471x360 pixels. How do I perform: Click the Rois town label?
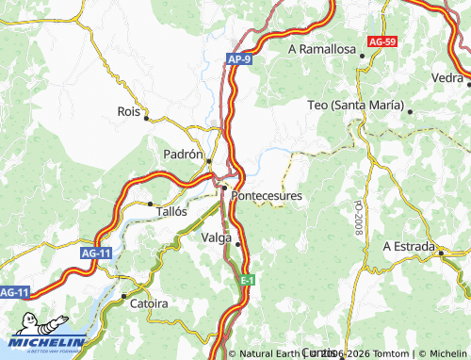click(128, 110)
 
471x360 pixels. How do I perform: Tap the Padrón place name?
click(183, 154)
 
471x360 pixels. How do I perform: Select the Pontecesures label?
click(267, 196)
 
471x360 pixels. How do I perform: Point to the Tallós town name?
click(171, 212)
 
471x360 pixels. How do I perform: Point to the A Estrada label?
click(408, 246)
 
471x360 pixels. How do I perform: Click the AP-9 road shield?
click(239, 59)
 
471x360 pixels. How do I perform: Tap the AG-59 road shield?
click(382, 42)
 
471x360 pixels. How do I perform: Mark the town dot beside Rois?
click(147, 118)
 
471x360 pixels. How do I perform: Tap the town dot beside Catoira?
click(123, 296)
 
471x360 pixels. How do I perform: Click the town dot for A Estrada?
click(441, 253)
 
